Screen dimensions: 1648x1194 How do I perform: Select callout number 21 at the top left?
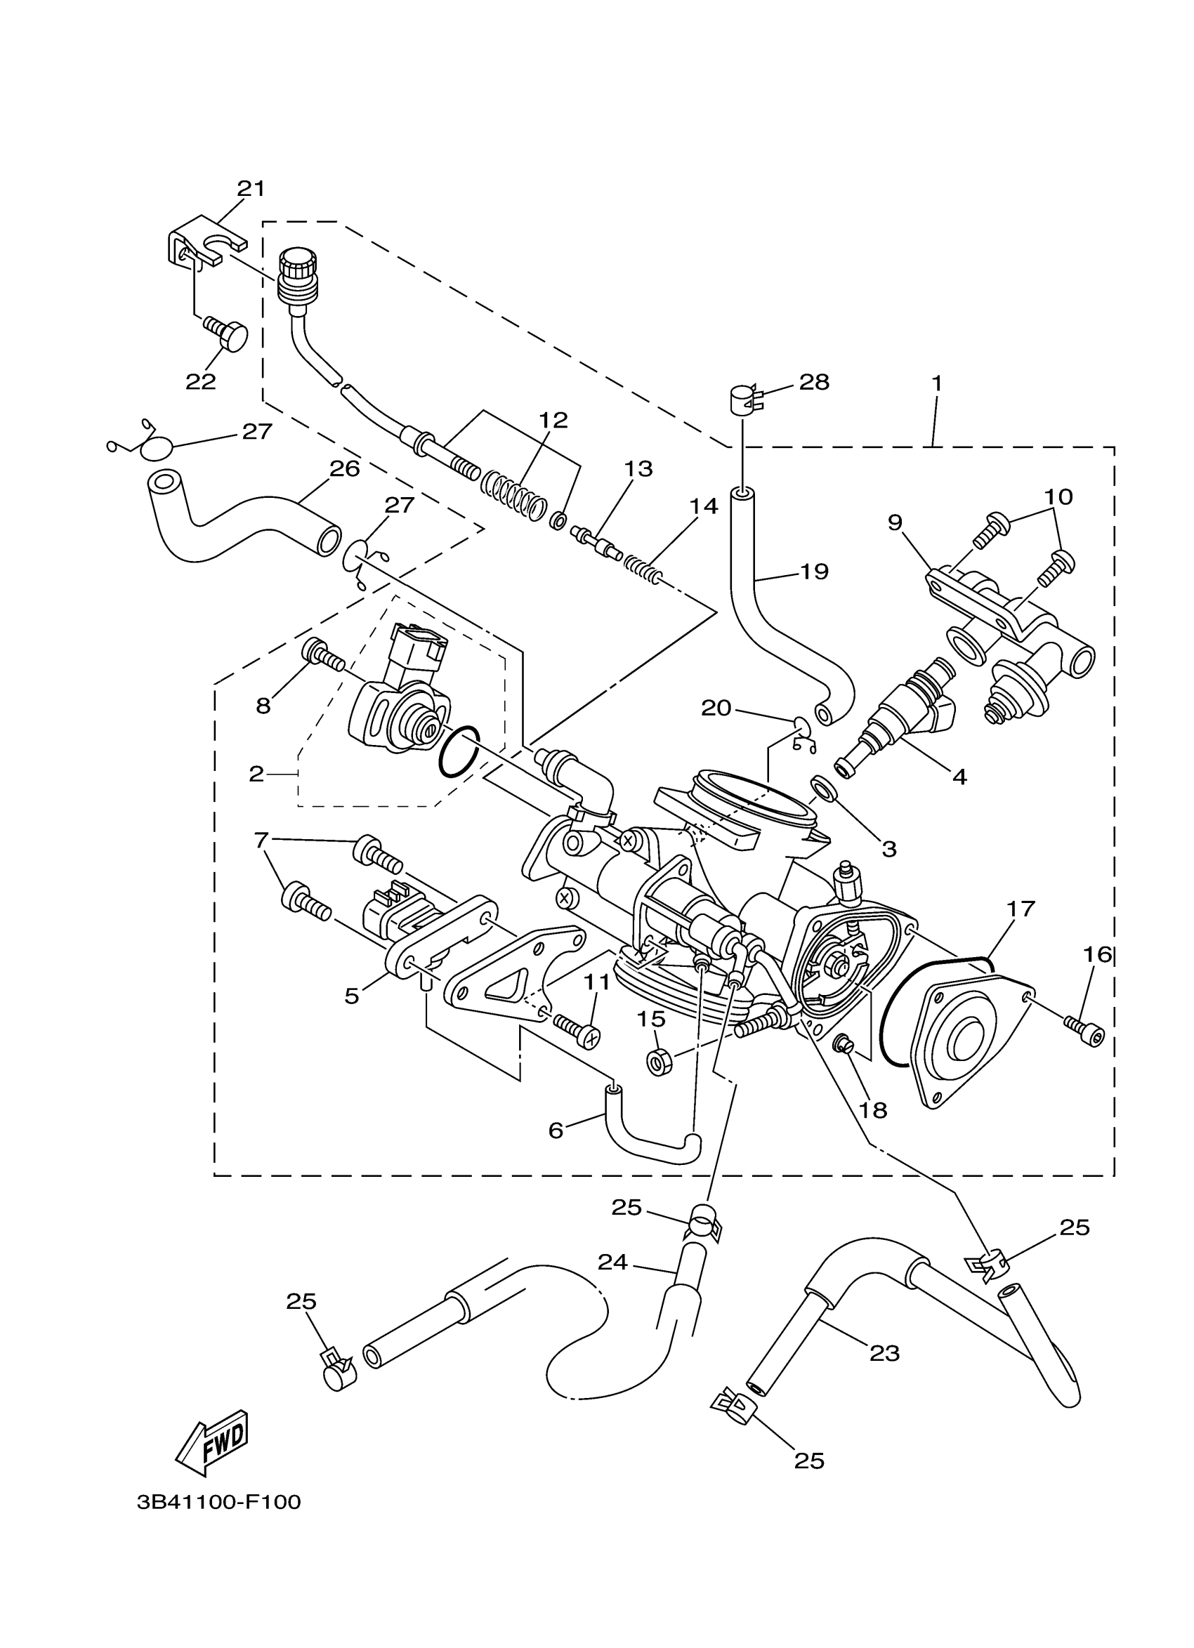point(251,189)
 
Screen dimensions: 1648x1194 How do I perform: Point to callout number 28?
point(814,382)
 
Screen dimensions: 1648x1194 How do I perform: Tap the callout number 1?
point(937,383)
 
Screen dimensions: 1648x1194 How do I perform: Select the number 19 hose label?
point(814,572)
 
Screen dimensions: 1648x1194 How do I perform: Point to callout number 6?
point(556,1130)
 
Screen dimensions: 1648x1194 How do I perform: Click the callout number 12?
point(553,420)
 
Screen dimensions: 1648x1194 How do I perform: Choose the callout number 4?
point(959,777)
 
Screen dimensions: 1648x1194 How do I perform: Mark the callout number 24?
point(612,1263)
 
